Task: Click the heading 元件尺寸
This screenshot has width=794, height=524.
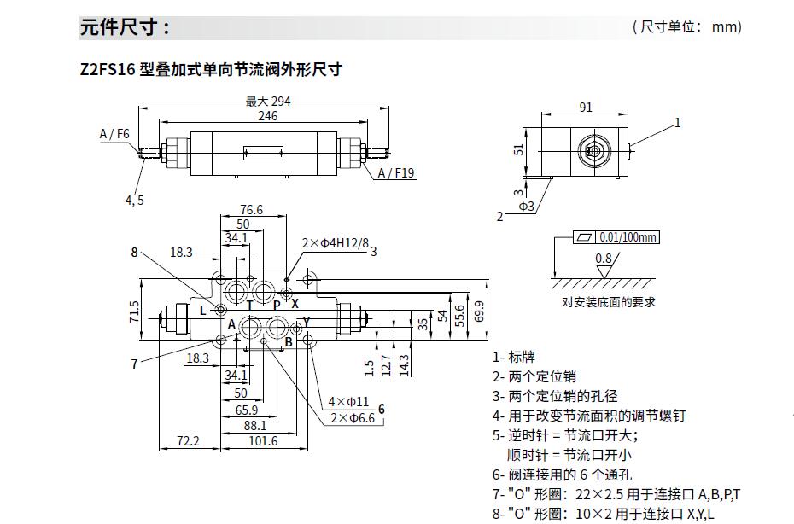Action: [x=125, y=27]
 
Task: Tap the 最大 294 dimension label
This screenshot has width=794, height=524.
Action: [x=268, y=101]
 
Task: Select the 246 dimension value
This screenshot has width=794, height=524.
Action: [x=268, y=116]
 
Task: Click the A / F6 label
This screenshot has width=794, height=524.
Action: [x=114, y=134]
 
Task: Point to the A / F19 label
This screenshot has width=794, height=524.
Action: [x=396, y=173]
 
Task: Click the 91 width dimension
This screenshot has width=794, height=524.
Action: [x=586, y=108]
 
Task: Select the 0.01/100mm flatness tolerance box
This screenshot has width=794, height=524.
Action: [x=628, y=237]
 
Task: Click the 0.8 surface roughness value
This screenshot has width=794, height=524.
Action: [x=604, y=258]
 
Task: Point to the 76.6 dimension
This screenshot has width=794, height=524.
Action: [x=251, y=209]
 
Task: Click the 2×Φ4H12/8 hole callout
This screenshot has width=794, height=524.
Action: [x=335, y=243]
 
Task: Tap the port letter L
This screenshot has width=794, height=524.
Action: [x=202, y=311]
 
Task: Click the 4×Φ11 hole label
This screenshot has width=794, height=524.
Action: [x=347, y=401]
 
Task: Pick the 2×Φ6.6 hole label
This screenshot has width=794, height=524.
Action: [x=352, y=417]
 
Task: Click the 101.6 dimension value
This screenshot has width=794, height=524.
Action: [x=263, y=440]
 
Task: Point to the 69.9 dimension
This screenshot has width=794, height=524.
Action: [x=480, y=312]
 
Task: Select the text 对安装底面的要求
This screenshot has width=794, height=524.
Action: [x=609, y=302]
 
